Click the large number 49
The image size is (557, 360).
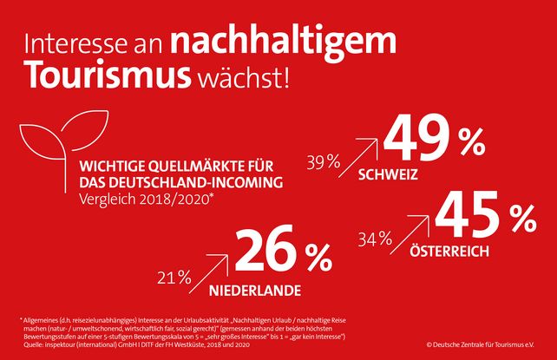pyautogui.click(x=419, y=140)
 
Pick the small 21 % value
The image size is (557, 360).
pyautogui.click(x=174, y=278)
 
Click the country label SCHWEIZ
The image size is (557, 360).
pyautogui.click(x=388, y=174)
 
